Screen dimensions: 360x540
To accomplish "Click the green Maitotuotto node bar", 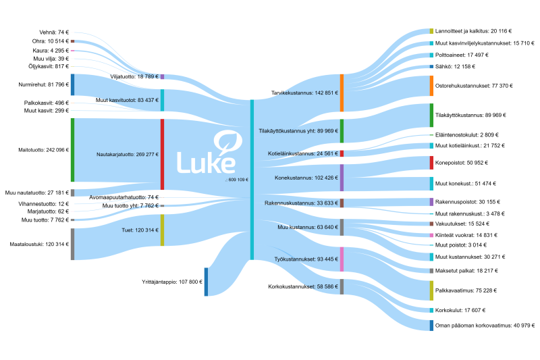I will tap(72, 149).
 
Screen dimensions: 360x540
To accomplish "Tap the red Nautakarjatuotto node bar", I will tap(162, 154).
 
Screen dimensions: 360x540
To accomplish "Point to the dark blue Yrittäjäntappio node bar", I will tap(207, 282).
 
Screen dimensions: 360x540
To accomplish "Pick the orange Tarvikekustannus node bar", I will tap(342, 93).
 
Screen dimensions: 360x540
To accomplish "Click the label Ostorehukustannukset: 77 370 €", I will tap(475, 86).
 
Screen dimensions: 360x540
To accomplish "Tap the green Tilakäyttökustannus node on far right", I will tap(431, 115).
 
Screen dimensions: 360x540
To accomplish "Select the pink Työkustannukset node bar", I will tap(342, 259).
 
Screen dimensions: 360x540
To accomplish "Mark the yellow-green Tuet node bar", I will tap(162, 230).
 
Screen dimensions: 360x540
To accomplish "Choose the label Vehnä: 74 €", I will tap(54, 32).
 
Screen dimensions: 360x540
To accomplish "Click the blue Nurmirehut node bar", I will tap(72, 84).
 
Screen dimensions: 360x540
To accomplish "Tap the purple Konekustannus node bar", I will tap(342, 178).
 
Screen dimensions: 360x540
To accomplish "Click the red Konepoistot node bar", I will tap(431, 163).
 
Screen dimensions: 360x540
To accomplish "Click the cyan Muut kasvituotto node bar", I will tap(162, 100).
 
